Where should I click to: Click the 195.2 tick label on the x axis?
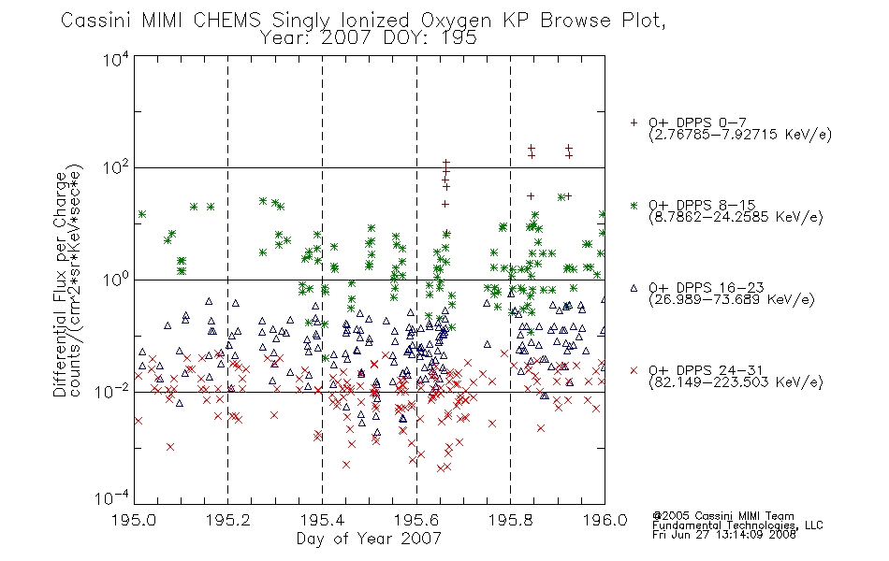click(228, 520)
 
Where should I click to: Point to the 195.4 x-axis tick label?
click(322, 520)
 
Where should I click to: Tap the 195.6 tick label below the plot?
click(416, 520)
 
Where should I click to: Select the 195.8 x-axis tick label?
click(510, 520)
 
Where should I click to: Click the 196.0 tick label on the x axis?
click(605, 520)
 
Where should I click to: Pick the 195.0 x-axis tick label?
click(134, 520)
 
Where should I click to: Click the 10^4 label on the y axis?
click(116, 60)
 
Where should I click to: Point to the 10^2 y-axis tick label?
click(116, 168)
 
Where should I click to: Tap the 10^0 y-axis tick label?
click(116, 280)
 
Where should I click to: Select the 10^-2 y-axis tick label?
click(112, 392)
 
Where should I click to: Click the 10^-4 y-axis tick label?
click(112, 497)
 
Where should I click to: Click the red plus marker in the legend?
click(634, 122)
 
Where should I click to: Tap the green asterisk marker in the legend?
click(634, 205)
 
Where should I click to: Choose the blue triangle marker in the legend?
click(634, 288)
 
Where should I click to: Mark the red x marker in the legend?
click(634, 370)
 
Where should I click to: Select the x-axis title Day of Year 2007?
click(369, 539)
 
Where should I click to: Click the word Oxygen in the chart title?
click(457, 21)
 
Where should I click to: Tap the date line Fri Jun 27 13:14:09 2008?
click(724, 535)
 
